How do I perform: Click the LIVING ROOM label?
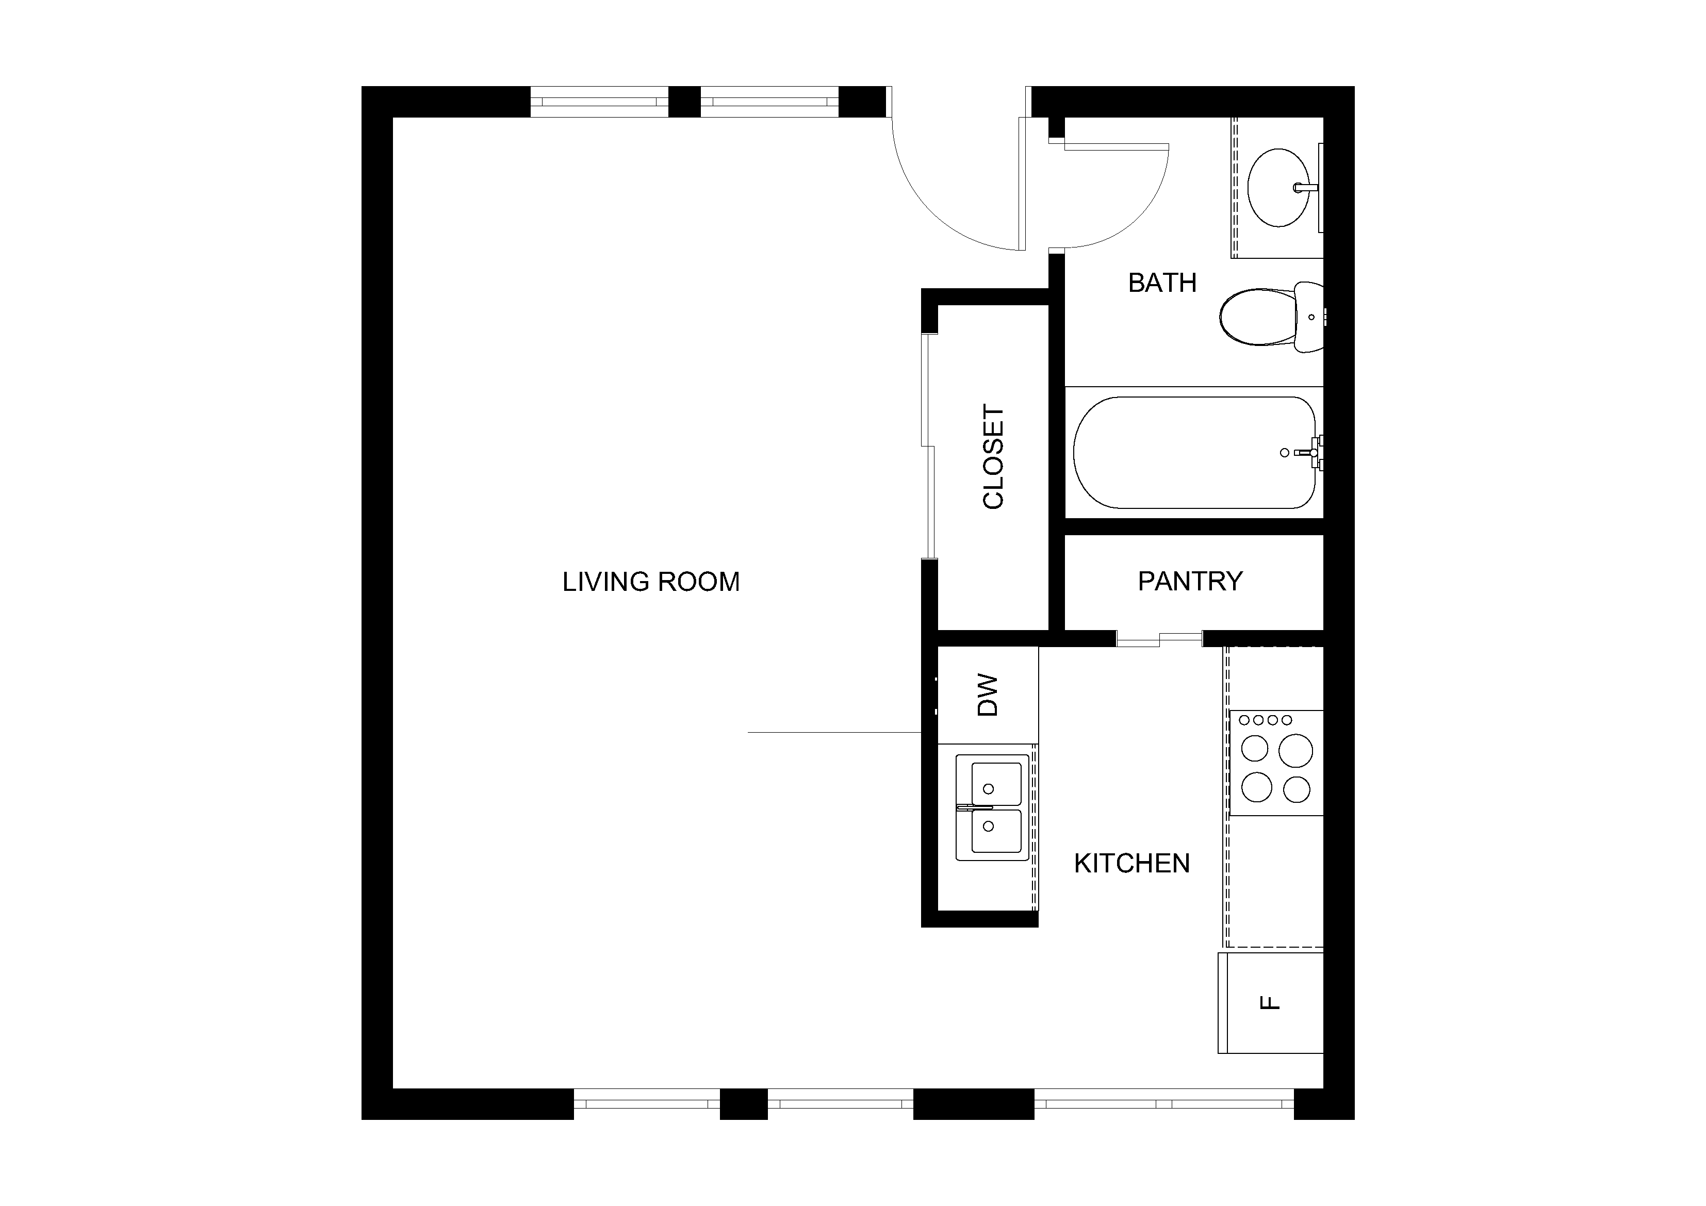(x=651, y=582)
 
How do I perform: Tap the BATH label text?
(x=1162, y=283)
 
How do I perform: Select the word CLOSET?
(x=993, y=456)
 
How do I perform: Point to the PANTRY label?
(x=1190, y=581)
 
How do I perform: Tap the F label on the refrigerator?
(x=1271, y=1002)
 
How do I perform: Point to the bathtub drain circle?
(x=1285, y=453)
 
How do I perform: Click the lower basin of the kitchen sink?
(x=996, y=831)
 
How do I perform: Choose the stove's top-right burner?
(x=1295, y=751)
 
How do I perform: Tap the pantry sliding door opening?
(x=1159, y=639)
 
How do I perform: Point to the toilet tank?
(x=1309, y=317)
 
